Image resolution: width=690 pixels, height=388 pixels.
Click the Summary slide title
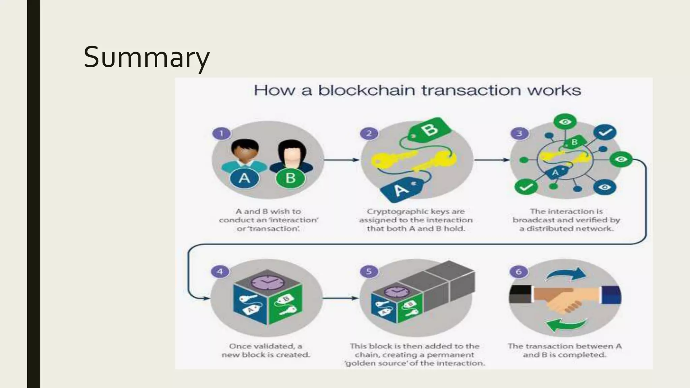point(147,57)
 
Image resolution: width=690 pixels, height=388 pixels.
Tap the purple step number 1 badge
point(221,133)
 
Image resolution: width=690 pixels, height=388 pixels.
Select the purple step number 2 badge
point(369,133)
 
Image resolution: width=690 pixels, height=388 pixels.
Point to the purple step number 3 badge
point(519,133)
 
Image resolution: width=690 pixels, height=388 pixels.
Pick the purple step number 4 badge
point(220,271)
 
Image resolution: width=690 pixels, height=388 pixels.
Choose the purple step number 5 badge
point(369,271)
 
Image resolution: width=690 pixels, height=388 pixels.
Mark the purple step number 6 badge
point(519,271)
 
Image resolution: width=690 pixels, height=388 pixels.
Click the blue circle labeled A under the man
point(244,178)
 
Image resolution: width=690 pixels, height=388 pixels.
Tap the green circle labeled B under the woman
point(290,178)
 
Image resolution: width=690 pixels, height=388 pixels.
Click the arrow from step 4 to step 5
point(340,298)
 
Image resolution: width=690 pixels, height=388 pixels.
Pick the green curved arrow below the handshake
point(566,325)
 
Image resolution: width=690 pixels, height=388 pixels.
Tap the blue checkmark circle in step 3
point(605,132)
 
